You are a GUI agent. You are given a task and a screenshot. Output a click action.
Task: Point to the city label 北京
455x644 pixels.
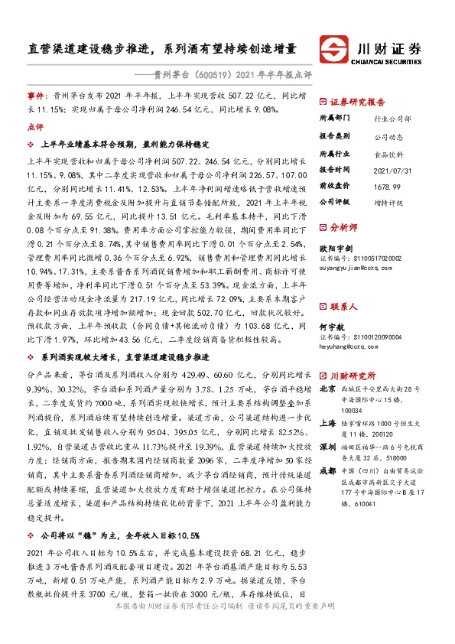[x=327, y=389]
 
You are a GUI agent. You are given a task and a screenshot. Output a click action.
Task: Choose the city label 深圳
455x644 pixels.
[x=327, y=445]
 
